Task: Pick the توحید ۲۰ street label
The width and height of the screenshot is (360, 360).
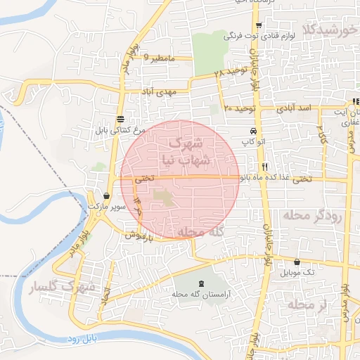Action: (238, 108)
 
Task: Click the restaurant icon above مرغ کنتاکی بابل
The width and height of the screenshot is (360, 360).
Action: (121, 119)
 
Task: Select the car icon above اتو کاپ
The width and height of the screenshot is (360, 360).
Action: (252, 131)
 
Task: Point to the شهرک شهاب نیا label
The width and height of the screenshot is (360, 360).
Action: (190, 150)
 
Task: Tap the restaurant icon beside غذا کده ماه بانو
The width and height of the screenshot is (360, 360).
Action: (265, 167)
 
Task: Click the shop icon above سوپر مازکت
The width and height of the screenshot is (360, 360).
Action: (106, 195)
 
